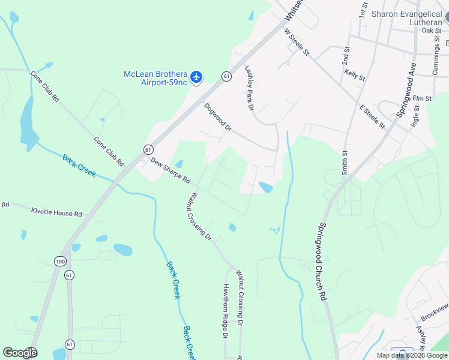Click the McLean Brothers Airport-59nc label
[155, 78]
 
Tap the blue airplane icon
[196, 77]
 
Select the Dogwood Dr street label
[217, 117]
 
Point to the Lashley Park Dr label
[250, 88]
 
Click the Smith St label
[345, 163]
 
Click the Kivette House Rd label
[56, 213]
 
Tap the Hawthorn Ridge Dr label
[226, 311]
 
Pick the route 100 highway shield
[60, 261]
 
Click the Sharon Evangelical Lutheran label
[406, 18]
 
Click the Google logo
[20, 353]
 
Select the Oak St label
[431, 30]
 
